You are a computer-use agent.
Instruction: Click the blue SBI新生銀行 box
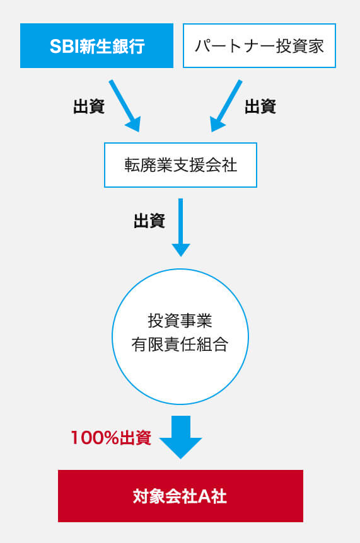(x=96, y=45)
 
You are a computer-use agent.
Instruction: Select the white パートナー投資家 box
(x=259, y=45)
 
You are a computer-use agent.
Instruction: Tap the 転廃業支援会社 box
(x=180, y=165)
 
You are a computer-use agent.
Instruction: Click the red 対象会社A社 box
(x=180, y=496)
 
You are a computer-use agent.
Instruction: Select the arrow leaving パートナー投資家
(x=226, y=105)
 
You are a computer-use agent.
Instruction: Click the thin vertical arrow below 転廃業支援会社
(x=180, y=227)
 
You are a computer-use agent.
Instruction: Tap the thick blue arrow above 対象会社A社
(x=180, y=437)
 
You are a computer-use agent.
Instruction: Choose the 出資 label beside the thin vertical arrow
(x=149, y=221)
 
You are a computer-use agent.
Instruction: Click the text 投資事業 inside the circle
(x=180, y=321)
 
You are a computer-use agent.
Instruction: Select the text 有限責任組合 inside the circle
(x=180, y=345)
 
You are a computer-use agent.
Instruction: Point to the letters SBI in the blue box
(x=64, y=46)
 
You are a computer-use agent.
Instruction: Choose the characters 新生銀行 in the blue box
(x=112, y=46)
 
